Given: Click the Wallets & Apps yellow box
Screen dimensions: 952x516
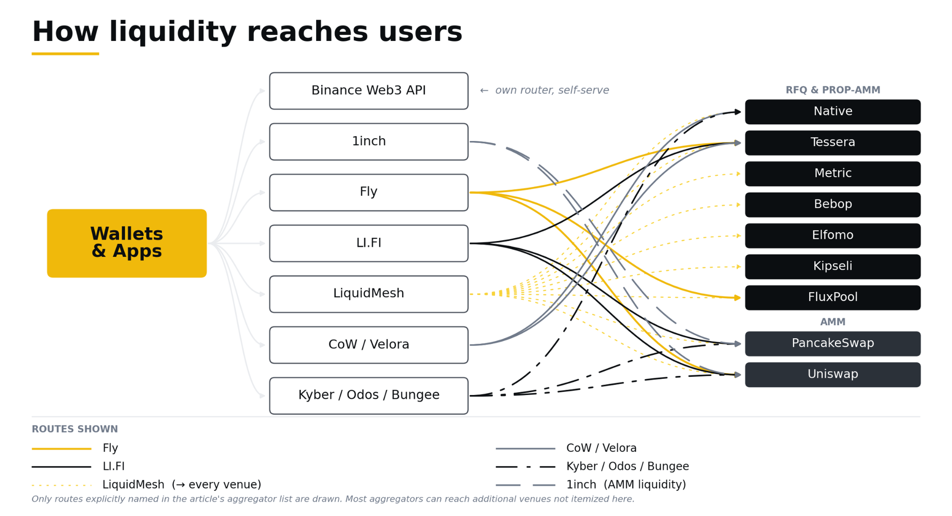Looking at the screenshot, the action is [x=127, y=243].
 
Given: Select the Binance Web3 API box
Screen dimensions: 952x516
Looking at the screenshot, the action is [x=368, y=91].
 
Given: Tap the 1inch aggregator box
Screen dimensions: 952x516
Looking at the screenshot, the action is [x=368, y=142].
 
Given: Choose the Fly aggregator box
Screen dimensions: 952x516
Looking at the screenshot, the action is [x=368, y=192].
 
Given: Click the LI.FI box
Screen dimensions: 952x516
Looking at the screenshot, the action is [x=368, y=243].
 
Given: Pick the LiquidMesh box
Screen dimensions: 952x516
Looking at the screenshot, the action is [x=368, y=294].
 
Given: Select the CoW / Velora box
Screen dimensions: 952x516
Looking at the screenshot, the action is [x=368, y=345].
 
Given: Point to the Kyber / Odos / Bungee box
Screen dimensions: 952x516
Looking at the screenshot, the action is [x=368, y=395].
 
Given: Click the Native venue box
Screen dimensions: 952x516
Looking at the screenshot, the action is [x=833, y=112].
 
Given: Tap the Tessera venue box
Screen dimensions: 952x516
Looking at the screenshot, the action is [x=833, y=143].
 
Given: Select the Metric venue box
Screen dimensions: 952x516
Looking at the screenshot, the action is [x=833, y=174].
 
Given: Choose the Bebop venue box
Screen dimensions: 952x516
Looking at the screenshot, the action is [x=833, y=205].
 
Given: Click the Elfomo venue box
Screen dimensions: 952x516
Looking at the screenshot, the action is [x=833, y=236].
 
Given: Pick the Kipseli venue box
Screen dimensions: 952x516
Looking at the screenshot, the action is [x=833, y=267].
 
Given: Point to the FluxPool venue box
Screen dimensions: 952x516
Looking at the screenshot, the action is [x=833, y=298].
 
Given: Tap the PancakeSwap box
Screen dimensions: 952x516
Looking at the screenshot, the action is [x=833, y=344].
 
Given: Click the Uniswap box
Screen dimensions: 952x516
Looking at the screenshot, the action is [x=833, y=374].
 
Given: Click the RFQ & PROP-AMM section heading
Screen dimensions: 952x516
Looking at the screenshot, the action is [x=833, y=90].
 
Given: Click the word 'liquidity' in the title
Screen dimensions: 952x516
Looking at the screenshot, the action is [x=173, y=32].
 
